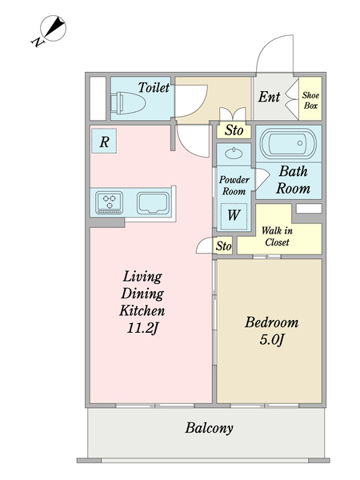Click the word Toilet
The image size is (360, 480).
click(154, 87)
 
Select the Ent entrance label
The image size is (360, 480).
click(269, 98)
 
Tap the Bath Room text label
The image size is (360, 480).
click(294, 180)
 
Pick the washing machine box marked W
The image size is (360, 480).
click(233, 214)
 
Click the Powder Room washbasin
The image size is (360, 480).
click(233, 153)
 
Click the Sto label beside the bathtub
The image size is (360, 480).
click(233, 130)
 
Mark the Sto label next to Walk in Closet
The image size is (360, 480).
click(223, 246)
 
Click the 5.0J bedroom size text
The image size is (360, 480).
click(271, 340)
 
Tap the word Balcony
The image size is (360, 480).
click(209, 428)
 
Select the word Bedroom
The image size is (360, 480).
click(271, 323)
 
